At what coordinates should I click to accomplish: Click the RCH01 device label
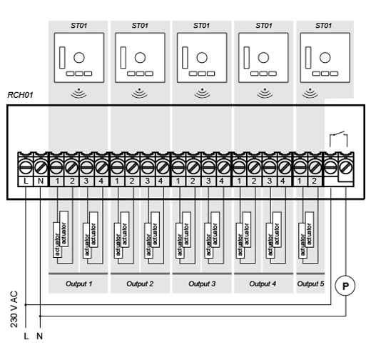coord(20,95)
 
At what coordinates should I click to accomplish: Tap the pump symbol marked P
coord(345,286)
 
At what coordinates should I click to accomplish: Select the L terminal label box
coord(26,181)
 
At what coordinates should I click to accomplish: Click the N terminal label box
coord(41,181)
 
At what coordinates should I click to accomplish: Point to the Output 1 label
coord(78,284)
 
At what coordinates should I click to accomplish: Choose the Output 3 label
coord(202,284)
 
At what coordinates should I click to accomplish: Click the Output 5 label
coord(310,284)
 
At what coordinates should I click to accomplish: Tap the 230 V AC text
coord(14,309)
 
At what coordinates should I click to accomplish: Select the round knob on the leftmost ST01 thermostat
coord(79,58)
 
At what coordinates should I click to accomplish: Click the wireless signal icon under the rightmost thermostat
coord(310,93)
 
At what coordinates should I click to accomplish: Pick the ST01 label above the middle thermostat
coord(201,26)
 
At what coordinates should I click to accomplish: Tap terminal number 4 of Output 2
coord(161,181)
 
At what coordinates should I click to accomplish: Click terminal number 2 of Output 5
coord(314,181)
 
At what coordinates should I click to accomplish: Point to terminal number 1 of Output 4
coord(239,181)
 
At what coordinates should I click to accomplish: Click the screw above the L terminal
coord(26,167)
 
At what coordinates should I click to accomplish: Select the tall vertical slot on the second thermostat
coord(123,58)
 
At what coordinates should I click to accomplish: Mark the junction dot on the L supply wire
coord(26,304)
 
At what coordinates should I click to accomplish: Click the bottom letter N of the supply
coord(40,336)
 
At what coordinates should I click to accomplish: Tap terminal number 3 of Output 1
coord(86,181)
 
